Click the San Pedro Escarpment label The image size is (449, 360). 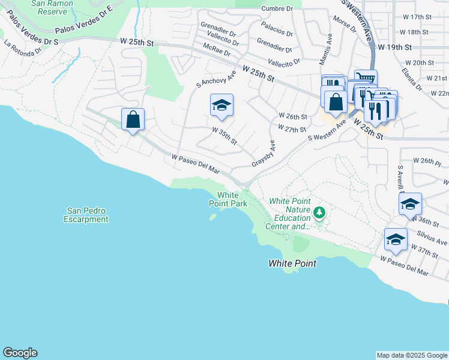[x=88, y=215]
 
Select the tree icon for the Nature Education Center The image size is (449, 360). [x=320, y=212]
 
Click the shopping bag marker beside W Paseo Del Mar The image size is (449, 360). [x=133, y=119]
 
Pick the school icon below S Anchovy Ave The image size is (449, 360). [x=221, y=106]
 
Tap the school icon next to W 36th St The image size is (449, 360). [x=410, y=204]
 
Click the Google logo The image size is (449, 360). [x=20, y=353]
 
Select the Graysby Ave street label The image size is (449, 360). [x=264, y=154]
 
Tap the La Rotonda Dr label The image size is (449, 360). [x=23, y=47]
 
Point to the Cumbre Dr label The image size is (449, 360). [x=277, y=8]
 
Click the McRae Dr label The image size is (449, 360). [x=217, y=53]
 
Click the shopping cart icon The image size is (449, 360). [x=365, y=78]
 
